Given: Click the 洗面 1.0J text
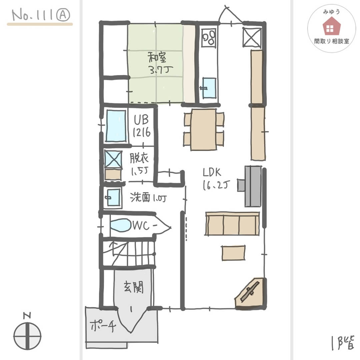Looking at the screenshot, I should coord(148,198).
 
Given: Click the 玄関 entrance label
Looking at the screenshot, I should coord(133,287).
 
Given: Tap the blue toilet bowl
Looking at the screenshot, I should coord(120,225).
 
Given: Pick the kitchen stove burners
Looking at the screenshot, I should coord(209,38).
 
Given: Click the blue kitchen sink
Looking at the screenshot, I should coord(209,88).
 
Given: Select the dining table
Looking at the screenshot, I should coord(204,129).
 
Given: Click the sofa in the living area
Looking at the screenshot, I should coord(232,223).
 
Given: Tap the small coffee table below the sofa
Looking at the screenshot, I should coord(234,253).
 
